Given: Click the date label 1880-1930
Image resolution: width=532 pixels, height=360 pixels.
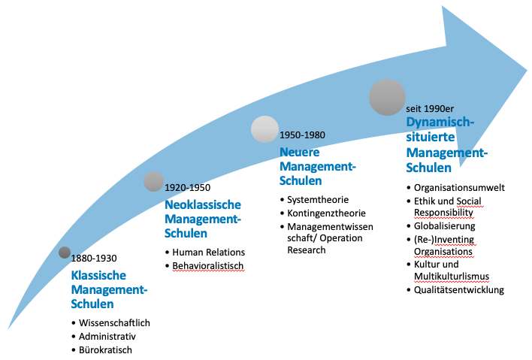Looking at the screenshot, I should point(93,258).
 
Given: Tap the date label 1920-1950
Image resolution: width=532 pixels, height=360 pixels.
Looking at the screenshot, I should point(187,187).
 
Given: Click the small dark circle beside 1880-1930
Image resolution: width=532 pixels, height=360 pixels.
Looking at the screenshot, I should point(65,253).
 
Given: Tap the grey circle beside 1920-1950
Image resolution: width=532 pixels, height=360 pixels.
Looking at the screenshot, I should point(153,181).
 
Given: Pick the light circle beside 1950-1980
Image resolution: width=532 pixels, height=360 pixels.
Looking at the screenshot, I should point(264,129).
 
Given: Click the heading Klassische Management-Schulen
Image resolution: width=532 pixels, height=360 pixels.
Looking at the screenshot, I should point(109,289).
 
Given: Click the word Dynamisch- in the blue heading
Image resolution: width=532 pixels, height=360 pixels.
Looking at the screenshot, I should point(440,122).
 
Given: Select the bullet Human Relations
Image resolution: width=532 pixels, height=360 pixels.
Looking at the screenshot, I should point(209,252).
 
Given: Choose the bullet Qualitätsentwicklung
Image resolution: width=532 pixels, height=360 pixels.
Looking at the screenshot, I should point(459,290).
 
